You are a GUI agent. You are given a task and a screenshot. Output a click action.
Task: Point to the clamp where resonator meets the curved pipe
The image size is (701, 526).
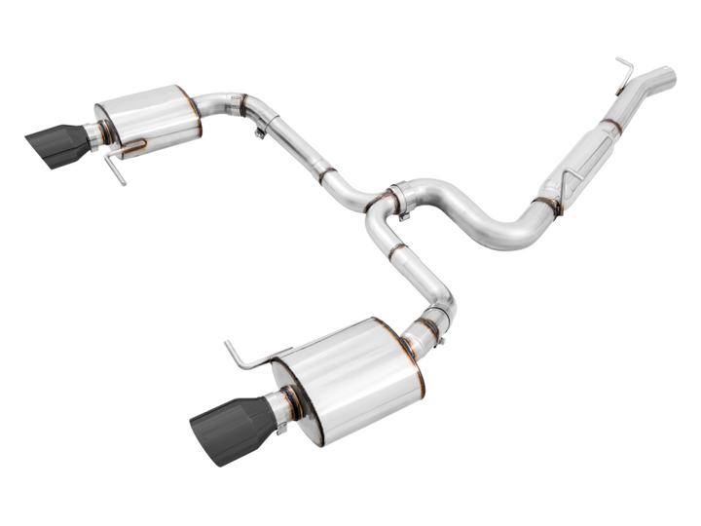[x=544, y=205]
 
